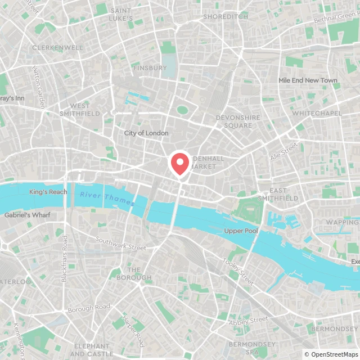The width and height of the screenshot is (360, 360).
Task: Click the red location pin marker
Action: [179, 164]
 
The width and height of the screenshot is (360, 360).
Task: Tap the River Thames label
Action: [107, 198]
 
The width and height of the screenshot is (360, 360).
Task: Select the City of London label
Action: [146, 133]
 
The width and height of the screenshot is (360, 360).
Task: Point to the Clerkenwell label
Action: [57, 48]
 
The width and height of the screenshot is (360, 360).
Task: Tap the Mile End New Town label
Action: [308, 80]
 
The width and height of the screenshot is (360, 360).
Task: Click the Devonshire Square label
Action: [238, 121]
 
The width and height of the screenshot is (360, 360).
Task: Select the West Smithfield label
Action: [80, 110]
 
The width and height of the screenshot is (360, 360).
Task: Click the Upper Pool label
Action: [241, 231]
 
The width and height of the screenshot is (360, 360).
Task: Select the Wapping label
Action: [342, 222]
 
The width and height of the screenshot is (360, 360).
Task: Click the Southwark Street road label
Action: [120, 244]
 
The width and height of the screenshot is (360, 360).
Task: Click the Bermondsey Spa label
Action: [252, 348]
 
